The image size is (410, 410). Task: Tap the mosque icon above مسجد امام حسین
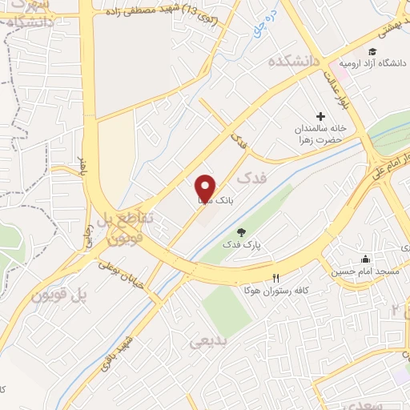[x=366, y=259]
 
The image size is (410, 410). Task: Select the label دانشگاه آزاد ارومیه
[x=368, y=62]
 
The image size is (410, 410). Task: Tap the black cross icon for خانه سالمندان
[x=321, y=117]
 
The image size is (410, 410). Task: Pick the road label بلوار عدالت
[x=334, y=93]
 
